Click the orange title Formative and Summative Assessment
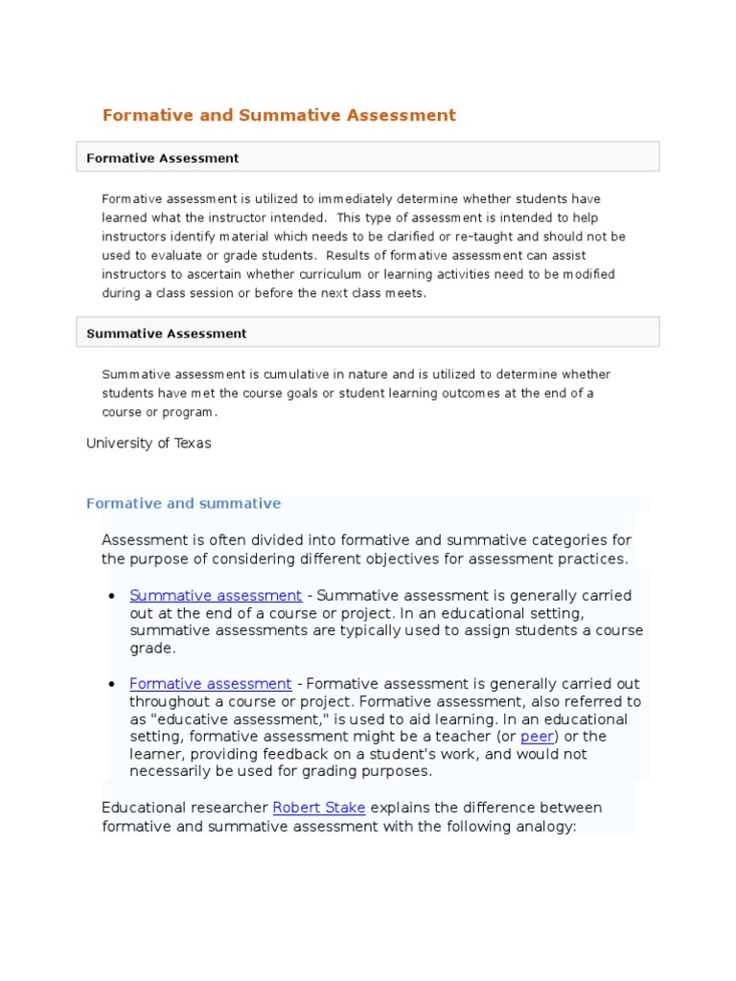coord(279,115)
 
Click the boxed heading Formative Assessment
coord(163,158)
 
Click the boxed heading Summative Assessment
coord(167,333)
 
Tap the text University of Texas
coord(149,443)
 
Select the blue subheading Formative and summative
coord(184,503)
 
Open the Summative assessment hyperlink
coord(216,595)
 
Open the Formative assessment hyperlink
coord(211,684)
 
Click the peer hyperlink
coord(537,737)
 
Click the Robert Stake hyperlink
coord(319,808)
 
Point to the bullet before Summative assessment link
coord(112,596)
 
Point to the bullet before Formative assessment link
coord(112,685)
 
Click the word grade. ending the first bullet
coord(152,649)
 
